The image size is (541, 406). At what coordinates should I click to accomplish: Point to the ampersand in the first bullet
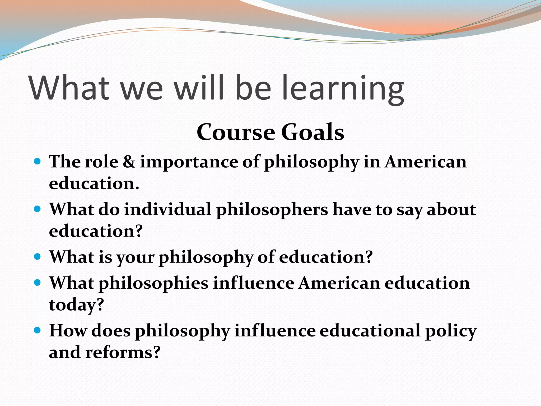click(x=129, y=162)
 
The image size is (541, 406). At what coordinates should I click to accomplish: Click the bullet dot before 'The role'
click(x=38, y=161)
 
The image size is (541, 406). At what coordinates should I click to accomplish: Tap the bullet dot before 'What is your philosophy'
click(x=38, y=256)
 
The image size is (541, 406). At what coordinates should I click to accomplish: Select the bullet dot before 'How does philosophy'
click(x=38, y=330)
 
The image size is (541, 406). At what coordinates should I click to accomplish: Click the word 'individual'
click(x=168, y=209)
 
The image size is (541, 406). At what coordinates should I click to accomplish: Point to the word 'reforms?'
click(x=123, y=352)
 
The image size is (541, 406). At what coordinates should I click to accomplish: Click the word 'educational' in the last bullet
click(x=370, y=331)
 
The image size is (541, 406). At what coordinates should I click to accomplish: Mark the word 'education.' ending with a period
click(x=94, y=183)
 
